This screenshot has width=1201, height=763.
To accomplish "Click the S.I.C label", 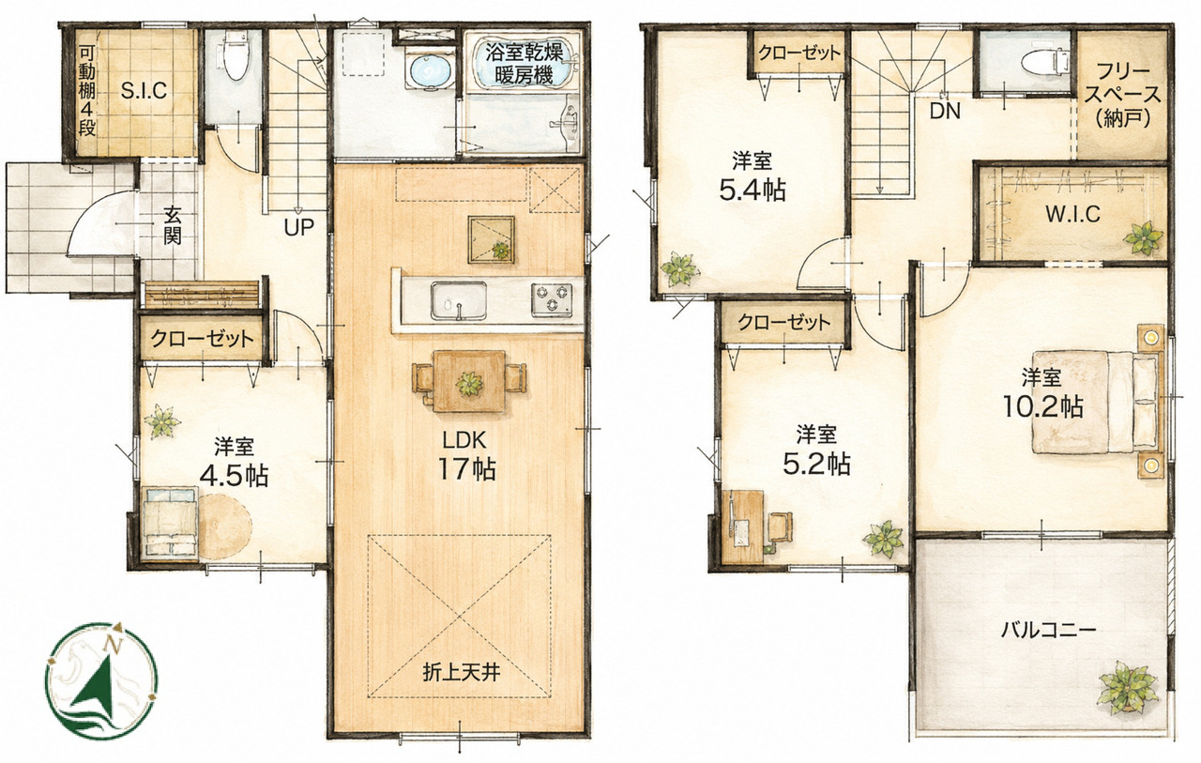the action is [144, 91].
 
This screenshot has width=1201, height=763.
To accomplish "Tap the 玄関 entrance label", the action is [172, 226].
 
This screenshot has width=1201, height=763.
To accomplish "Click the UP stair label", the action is [298, 227].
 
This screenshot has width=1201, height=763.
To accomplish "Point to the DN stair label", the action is [945, 111].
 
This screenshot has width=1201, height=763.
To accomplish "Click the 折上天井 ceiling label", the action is [461, 671].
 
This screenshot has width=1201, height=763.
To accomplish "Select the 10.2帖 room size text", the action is [1042, 407].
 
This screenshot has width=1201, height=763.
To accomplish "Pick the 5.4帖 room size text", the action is [753, 190].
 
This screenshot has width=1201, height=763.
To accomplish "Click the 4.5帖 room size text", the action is [234, 475].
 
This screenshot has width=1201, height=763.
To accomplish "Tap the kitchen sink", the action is [459, 302].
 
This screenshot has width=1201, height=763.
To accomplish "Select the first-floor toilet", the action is [235, 56].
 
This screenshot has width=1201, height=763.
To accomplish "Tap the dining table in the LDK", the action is [469, 381].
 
